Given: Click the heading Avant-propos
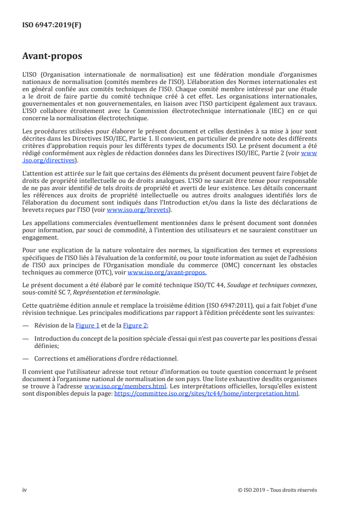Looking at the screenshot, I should click(52, 57).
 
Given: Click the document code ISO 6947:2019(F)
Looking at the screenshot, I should click(52, 25).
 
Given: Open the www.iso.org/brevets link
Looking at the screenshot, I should click(138, 210).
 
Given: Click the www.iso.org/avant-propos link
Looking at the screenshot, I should click(167, 273).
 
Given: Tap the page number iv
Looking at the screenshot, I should click(25, 490).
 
